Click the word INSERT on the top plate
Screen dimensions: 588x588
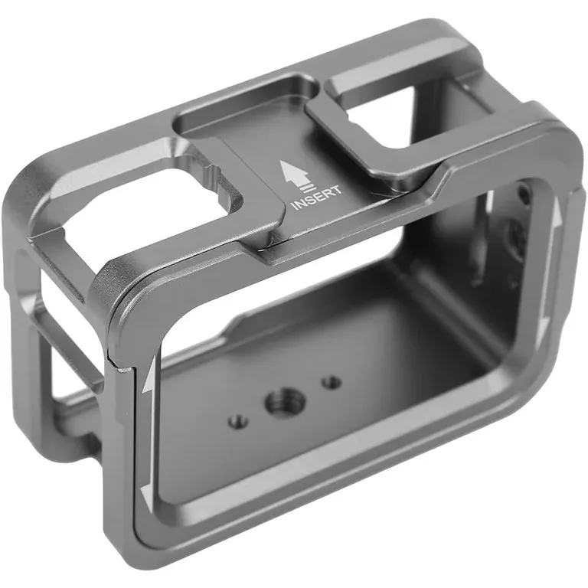coord(317,198)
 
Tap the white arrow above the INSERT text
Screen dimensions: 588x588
coord(294,172)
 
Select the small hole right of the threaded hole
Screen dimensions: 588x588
coord(332,383)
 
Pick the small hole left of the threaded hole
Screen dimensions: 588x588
coord(238,422)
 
